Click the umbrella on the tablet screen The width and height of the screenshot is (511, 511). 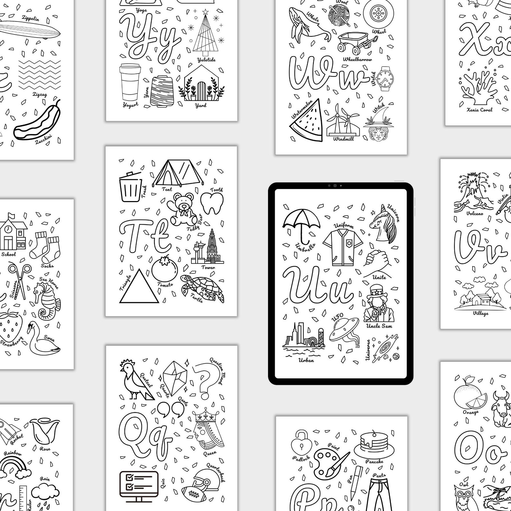301,221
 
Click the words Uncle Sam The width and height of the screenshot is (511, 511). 379,326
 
